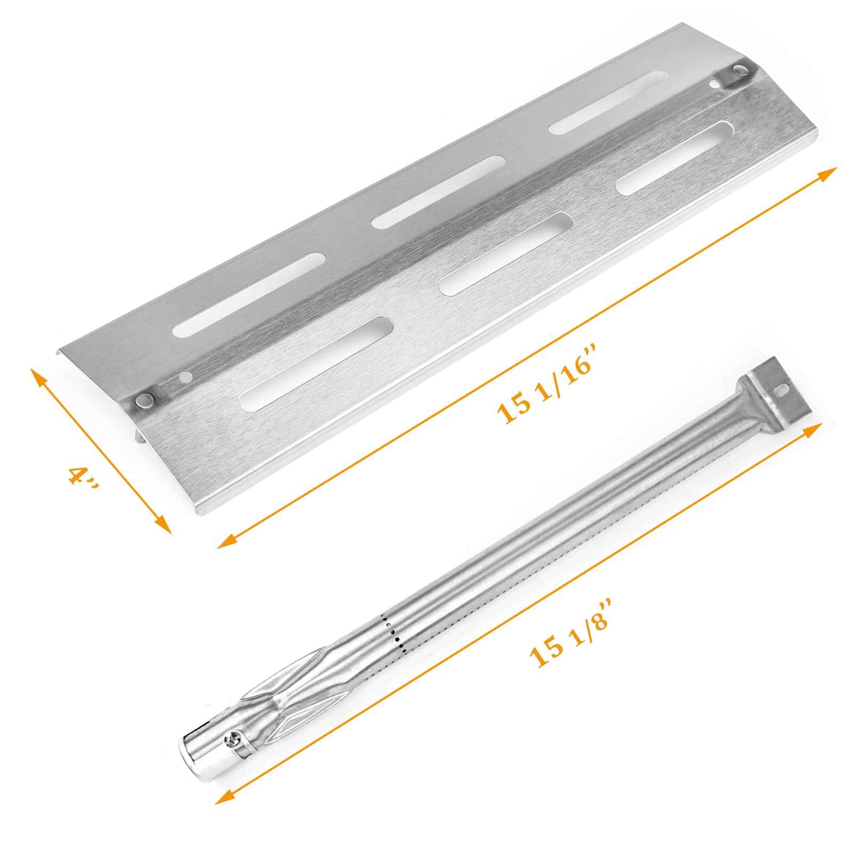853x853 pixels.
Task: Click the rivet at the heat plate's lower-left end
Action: click(x=143, y=400)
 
